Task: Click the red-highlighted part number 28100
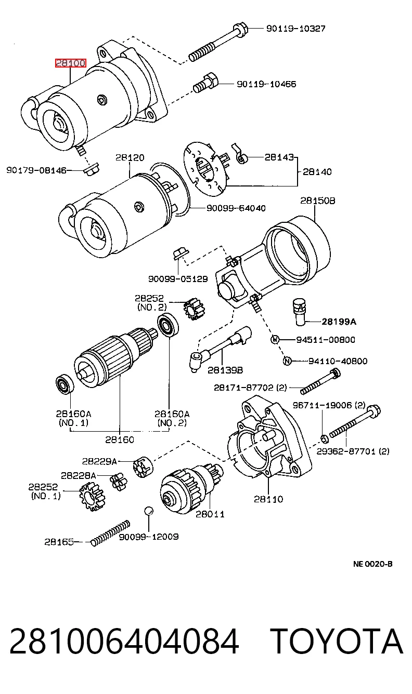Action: click(70, 63)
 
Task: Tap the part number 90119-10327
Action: click(296, 29)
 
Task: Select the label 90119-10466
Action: click(266, 84)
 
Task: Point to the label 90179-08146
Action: click(36, 170)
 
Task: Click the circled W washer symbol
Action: click(275, 340)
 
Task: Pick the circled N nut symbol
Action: click(287, 361)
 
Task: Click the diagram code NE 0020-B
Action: click(373, 564)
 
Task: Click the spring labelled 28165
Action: click(111, 532)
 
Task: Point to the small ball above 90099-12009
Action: click(149, 511)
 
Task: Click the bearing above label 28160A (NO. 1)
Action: click(65, 384)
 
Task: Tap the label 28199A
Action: click(339, 322)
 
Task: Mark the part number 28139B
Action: click(225, 370)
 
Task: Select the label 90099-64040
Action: click(236, 208)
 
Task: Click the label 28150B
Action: click(318, 201)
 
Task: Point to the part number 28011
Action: click(210, 514)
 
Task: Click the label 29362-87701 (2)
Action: click(353, 451)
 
